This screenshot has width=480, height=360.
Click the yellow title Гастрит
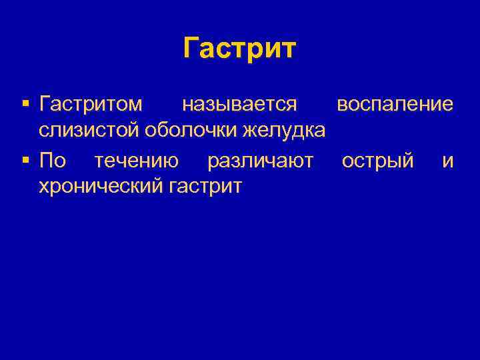pos(239,49)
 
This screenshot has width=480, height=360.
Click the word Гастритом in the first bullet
pos(91,104)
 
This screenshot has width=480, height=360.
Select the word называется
pos(239,104)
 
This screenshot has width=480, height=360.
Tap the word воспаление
pos(395,104)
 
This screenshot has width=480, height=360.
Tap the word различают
pos(260,160)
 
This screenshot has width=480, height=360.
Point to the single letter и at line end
pos(448,161)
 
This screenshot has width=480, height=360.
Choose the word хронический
pos(100,187)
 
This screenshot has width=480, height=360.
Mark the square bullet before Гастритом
pos(25,105)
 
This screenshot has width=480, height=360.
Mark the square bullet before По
pos(25,161)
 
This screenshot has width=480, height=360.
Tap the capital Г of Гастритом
pos(44,104)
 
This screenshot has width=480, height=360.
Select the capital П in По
pos(45,160)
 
